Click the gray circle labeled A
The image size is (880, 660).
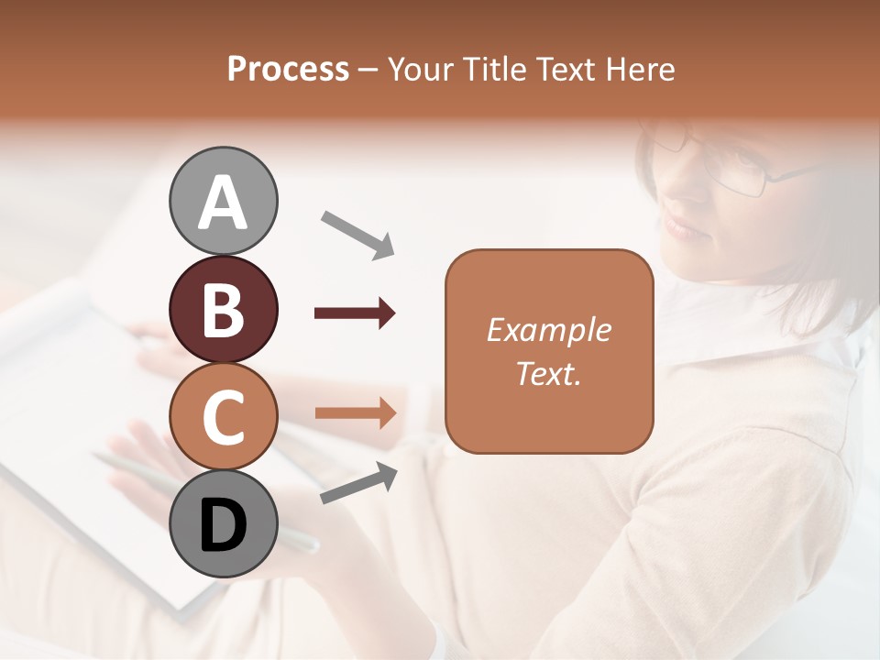[223, 201]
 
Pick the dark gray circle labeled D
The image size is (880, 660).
[223, 523]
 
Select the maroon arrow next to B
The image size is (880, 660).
[355, 313]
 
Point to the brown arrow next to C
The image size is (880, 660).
[355, 413]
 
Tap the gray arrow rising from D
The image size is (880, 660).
[358, 484]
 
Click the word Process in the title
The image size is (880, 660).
[288, 70]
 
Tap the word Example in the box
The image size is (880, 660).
[548, 331]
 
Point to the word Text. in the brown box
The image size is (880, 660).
[548, 374]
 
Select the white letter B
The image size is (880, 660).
[223, 309]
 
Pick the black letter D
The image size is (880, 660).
[223, 524]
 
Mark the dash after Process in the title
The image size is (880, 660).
[368, 70]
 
